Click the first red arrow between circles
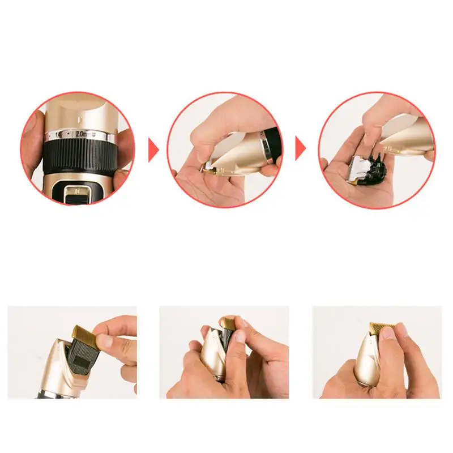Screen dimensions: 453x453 (153, 151)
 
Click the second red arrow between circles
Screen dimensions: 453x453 (300, 151)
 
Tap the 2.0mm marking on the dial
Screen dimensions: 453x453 (83, 134)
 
